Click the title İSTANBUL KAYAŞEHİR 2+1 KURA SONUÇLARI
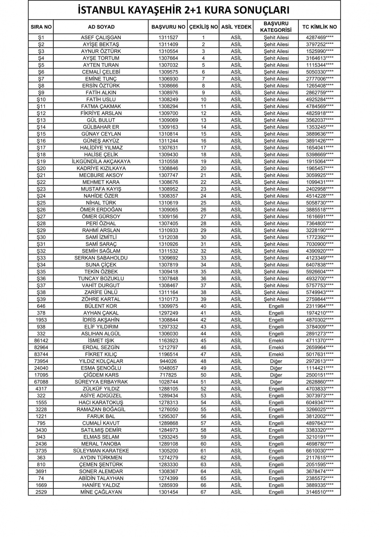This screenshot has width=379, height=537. point(184,10)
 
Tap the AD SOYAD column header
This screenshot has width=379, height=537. point(101,27)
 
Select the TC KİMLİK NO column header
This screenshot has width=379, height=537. point(319,27)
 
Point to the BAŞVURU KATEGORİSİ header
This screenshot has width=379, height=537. point(276,27)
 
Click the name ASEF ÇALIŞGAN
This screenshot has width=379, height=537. point(101,38)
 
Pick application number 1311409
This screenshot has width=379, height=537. point(168,44)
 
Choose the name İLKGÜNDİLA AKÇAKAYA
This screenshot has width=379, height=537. point(101,161)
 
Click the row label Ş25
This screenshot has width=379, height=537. point(41,203)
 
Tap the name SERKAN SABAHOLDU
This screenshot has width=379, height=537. point(101,258)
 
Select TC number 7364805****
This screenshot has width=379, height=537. point(319,223)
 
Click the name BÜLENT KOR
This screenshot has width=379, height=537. point(101,306)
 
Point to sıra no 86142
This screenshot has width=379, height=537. point(41,340)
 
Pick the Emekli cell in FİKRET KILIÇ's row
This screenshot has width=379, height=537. point(276,354)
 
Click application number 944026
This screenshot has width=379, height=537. point(168,361)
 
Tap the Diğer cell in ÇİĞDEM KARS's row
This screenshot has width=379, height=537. point(276,375)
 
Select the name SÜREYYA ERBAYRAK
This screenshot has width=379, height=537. point(101,382)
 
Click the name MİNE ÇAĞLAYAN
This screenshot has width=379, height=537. point(101,492)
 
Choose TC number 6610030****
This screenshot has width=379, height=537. point(319,451)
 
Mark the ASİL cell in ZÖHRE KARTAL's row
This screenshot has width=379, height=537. point(236,299)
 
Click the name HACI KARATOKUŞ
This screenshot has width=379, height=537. point(101,403)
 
